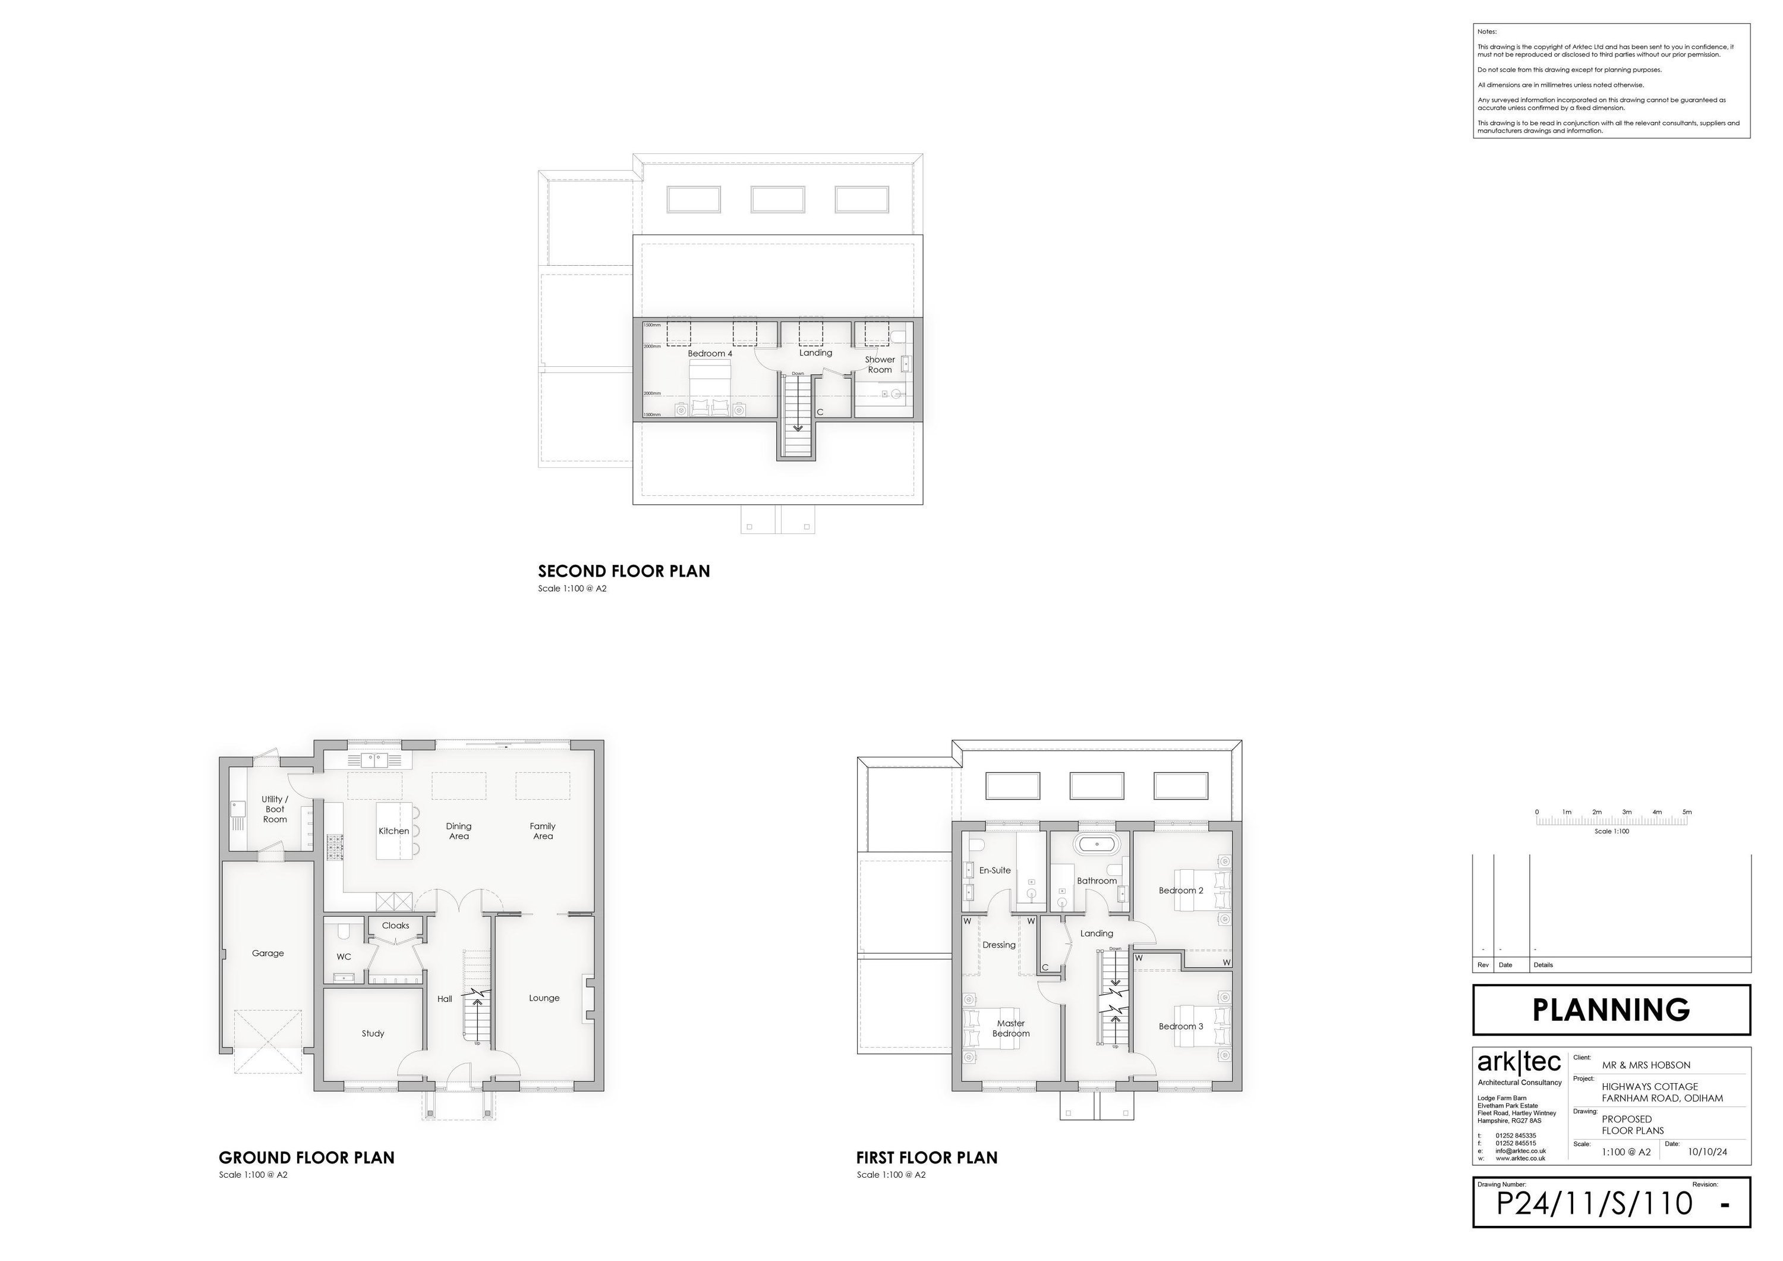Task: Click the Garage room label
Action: click(268, 953)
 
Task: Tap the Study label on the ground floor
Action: click(373, 1033)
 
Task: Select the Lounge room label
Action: click(544, 998)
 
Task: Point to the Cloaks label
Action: click(395, 925)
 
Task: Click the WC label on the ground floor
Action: click(344, 957)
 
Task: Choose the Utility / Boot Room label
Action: click(275, 809)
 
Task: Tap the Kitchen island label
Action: click(393, 831)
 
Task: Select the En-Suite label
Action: click(995, 870)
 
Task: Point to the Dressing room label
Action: click(998, 945)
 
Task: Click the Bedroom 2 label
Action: click(1180, 891)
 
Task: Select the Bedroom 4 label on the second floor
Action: click(710, 354)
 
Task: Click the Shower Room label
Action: click(880, 364)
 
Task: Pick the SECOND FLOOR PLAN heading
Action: click(623, 571)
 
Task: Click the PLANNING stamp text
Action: click(1611, 1010)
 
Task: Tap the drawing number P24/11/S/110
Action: click(1593, 1203)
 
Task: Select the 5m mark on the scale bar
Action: click(1687, 812)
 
